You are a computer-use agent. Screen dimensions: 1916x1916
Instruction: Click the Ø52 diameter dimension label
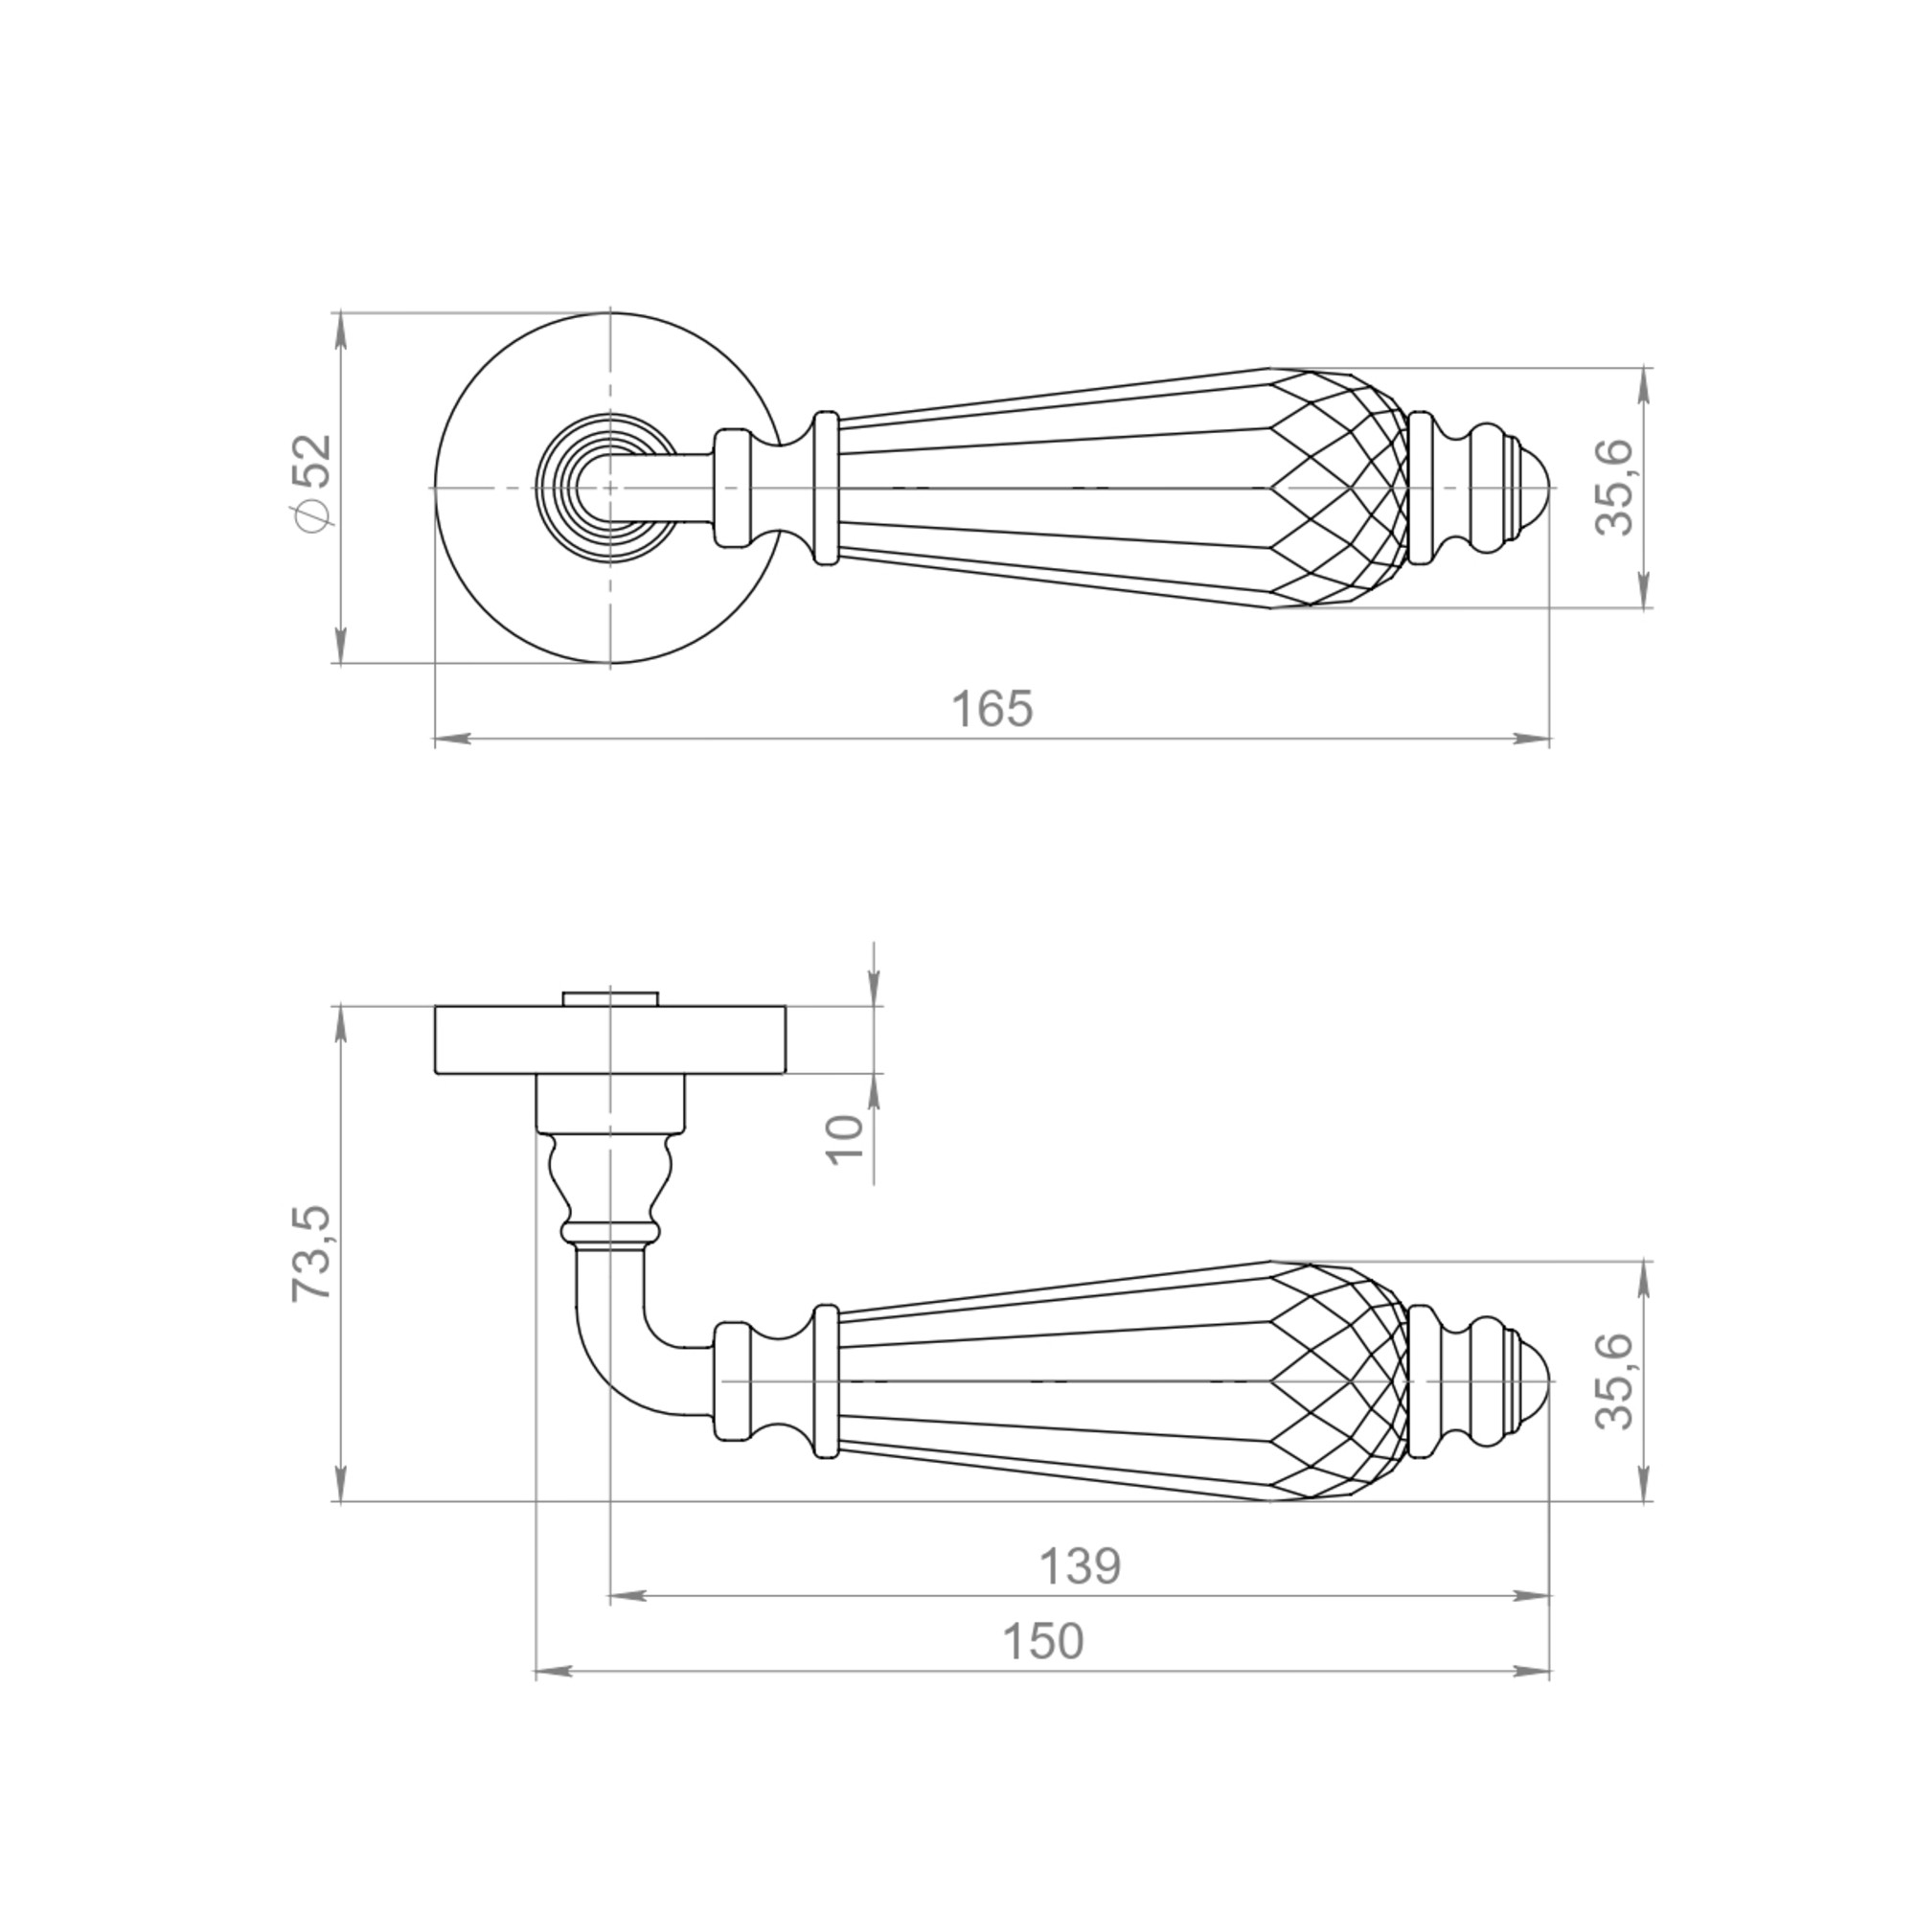pyautogui.click(x=313, y=483)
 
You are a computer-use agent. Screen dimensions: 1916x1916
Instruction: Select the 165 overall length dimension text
pyautogui.click(x=992, y=710)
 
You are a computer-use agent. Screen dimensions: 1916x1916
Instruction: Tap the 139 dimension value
pyautogui.click(x=1079, y=1567)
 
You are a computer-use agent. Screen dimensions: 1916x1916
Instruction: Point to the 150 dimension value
pyautogui.click(x=1043, y=1641)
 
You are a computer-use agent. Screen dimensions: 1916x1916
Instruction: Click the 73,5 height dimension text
pyautogui.click(x=313, y=1253)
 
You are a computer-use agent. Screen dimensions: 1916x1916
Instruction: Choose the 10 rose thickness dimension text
pyautogui.click(x=846, y=1139)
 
